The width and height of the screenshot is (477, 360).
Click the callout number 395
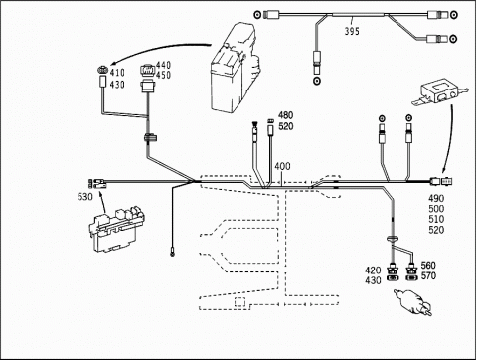pyautogui.click(x=352, y=31)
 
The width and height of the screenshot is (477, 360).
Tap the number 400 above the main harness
pyautogui.click(x=282, y=166)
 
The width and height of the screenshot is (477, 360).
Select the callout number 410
pyautogui.click(x=117, y=73)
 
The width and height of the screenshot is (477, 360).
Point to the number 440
pyautogui.click(x=163, y=65)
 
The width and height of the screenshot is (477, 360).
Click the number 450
pyautogui.click(x=163, y=75)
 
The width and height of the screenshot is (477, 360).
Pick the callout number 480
pyautogui.click(x=285, y=115)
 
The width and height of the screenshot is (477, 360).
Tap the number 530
pyautogui.click(x=85, y=197)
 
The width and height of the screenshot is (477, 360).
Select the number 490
pyautogui.click(x=436, y=199)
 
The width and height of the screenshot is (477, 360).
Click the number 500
pyautogui.click(x=436, y=209)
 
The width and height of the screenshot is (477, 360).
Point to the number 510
pyautogui.click(x=436, y=219)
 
